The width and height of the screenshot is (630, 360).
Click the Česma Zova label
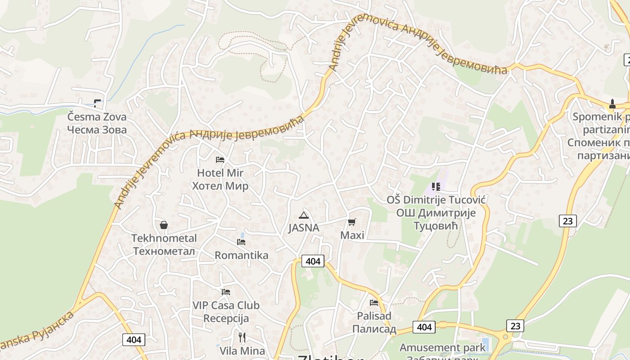(x=97, y=117)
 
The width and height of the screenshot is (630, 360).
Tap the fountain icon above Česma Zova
(x=97, y=103)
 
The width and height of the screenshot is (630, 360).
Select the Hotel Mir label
(x=220, y=173)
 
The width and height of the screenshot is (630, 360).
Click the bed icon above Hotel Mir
(x=220, y=159)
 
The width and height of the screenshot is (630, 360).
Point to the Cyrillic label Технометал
(x=164, y=251)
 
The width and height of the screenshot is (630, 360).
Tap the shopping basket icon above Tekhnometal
(x=164, y=225)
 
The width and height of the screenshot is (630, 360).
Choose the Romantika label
(x=241, y=255)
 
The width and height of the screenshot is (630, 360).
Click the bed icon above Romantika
(x=241, y=242)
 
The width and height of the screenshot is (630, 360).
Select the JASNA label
(x=304, y=228)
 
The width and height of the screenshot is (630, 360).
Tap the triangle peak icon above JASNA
(x=304, y=215)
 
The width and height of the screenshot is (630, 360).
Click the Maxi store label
(x=352, y=235)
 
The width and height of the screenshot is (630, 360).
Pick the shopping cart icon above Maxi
(x=352, y=222)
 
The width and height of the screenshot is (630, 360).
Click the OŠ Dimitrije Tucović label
(x=436, y=199)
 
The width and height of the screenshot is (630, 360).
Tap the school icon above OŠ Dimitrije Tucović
(x=436, y=186)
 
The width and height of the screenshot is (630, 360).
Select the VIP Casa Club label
(x=226, y=305)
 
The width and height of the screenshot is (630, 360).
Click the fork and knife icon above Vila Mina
(x=242, y=337)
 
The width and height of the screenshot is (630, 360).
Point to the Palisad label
(x=374, y=316)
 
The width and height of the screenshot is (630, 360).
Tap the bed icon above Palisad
(x=374, y=303)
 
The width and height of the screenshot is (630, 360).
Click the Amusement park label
(x=443, y=347)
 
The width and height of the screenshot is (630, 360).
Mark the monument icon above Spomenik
(x=612, y=104)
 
